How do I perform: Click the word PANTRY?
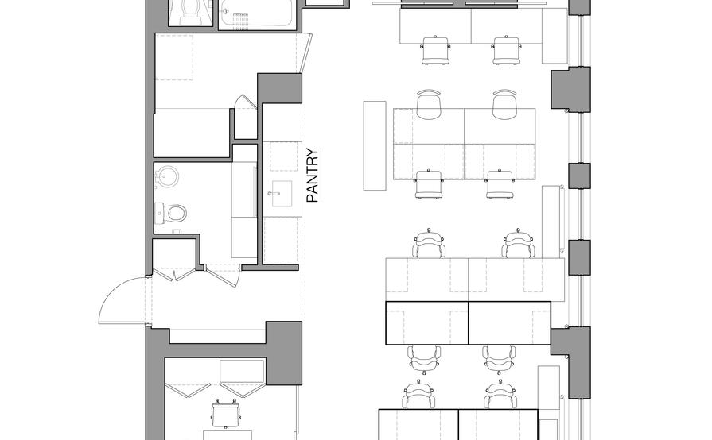coord(313,176)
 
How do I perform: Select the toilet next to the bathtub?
coord(189,11)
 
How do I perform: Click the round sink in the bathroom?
coord(167,176)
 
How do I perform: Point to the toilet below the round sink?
coord(172,213)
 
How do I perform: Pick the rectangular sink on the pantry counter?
coord(282,193)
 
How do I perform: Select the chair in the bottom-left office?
coord(225,413)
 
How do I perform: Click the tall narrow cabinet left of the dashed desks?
coord(374,145)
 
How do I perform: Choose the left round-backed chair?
coord(428,105)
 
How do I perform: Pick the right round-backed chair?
coord(504,105)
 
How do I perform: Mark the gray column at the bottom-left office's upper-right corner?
coord(283,352)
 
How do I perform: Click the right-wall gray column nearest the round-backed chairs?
coord(571,89)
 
